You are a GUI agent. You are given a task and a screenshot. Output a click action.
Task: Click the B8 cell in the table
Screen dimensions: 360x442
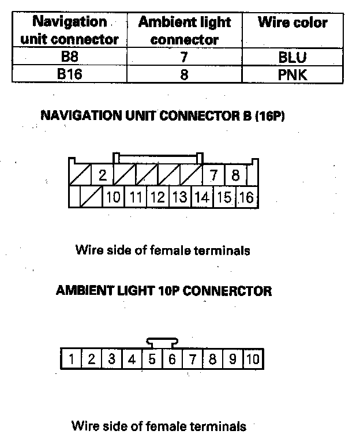click(69, 58)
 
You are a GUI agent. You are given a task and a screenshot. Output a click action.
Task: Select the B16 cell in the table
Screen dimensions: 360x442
click(69, 74)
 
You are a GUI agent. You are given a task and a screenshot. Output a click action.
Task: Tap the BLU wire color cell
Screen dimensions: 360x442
click(292, 58)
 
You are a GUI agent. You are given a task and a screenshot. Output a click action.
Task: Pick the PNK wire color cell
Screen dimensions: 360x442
click(292, 74)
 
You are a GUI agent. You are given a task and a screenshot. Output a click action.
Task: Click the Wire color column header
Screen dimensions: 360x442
click(292, 23)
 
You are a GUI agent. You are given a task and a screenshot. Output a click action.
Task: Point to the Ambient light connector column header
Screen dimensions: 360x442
click(185, 31)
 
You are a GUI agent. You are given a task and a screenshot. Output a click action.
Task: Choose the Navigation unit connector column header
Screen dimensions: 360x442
click(69, 31)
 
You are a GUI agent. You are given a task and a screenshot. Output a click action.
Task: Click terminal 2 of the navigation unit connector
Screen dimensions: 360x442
click(103, 175)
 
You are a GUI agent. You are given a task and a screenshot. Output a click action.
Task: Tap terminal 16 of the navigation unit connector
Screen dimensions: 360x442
click(246, 197)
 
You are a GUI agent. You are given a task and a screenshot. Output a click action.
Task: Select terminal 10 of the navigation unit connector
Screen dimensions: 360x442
click(114, 197)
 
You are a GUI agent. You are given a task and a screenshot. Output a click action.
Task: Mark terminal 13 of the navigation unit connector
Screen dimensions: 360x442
click(180, 197)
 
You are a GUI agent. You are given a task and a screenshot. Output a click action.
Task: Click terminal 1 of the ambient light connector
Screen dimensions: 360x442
click(71, 359)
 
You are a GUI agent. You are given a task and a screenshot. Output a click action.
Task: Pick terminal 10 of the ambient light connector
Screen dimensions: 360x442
click(253, 359)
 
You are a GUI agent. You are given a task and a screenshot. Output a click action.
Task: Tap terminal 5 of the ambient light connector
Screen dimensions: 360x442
click(152, 359)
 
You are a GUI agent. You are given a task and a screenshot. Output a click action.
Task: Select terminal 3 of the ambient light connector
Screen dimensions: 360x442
click(111, 359)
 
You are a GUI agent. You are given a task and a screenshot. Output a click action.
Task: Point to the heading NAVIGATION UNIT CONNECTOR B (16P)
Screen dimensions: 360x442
click(163, 116)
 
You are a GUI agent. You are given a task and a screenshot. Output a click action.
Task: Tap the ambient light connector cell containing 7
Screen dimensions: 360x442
click(185, 58)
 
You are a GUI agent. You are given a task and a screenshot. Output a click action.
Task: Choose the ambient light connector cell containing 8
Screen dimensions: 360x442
click(185, 74)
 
